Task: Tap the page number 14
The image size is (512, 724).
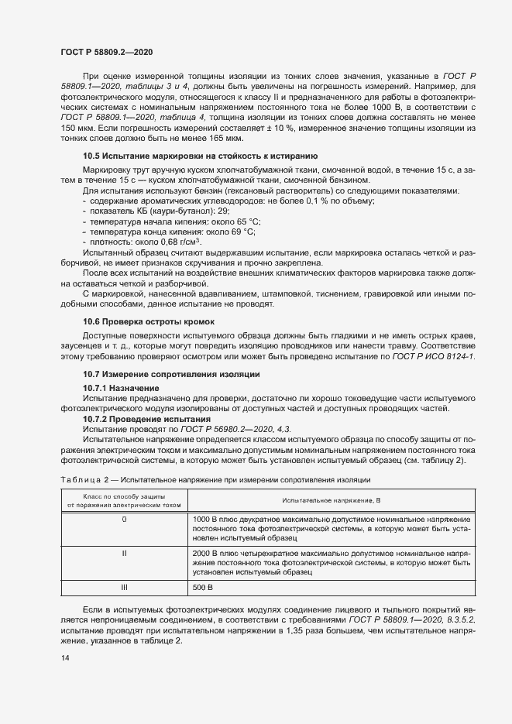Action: coord(64,657)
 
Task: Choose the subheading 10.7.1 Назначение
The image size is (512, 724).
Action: coord(121,387)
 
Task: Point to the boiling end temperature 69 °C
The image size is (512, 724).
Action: coord(240,232)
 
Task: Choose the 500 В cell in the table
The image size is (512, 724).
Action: coord(201,588)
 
